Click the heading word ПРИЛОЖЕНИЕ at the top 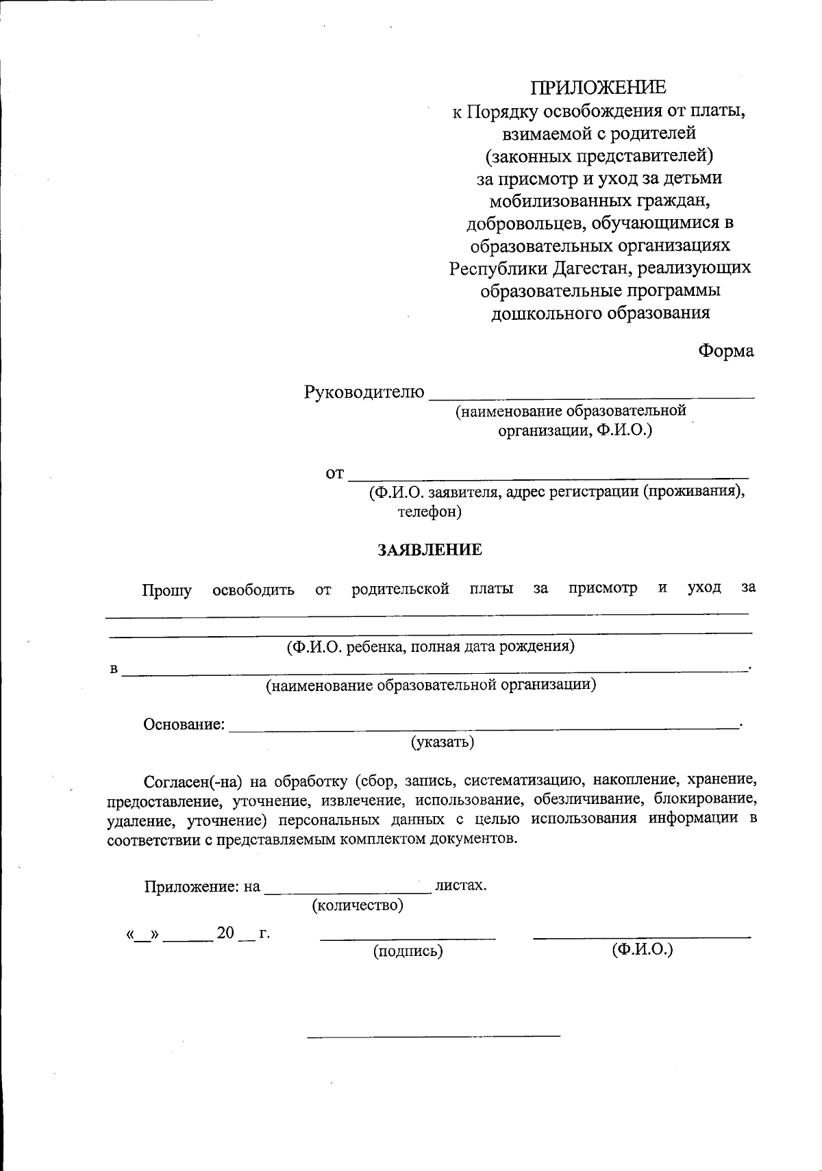(x=599, y=88)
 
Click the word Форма (x=725, y=351)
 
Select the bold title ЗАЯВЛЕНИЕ (x=430, y=550)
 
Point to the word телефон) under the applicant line (x=429, y=512)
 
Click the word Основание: (x=184, y=725)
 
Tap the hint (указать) (x=443, y=742)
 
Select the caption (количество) (x=358, y=905)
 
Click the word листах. (x=461, y=885)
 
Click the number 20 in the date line (x=225, y=933)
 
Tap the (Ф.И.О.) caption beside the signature (x=642, y=949)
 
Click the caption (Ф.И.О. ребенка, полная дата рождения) (x=430, y=646)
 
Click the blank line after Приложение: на (x=347, y=890)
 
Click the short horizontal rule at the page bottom (x=434, y=1034)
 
